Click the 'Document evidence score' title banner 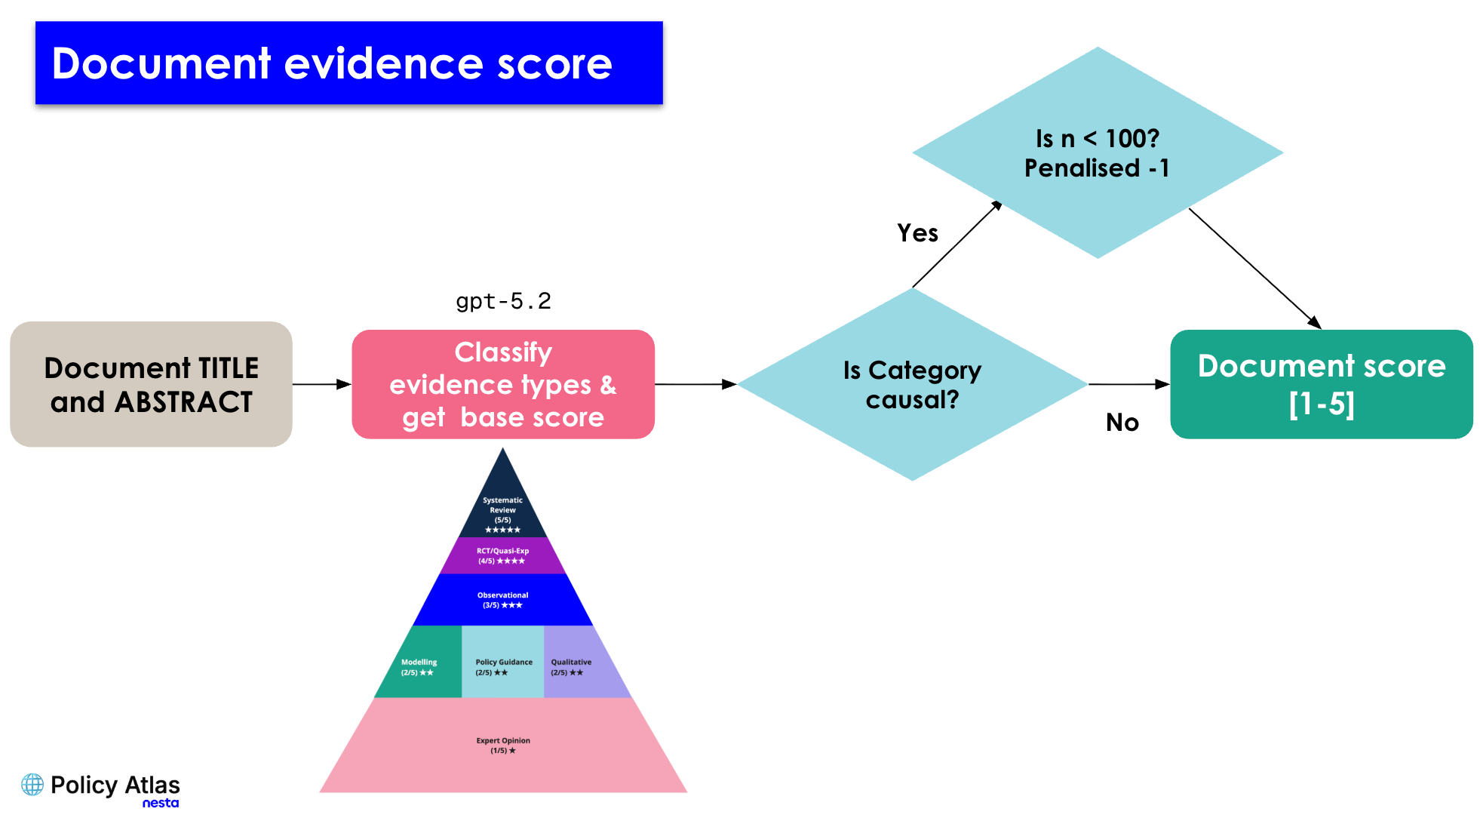pyautogui.click(x=349, y=63)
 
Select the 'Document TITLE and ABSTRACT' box pyautogui.click(x=151, y=384)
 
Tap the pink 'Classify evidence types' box pyautogui.click(x=503, y=384)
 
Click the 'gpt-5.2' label pyautogui.click(x=503, y=301)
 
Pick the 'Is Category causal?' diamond pyautogui.click(x=912, y=384)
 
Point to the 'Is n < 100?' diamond pyautogui.click(x=1098, y=152)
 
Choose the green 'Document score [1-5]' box pyautogui.click(x=1322, y=384)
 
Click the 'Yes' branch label pyautogui.click(x=917, y=233)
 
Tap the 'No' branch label pyautogui.click(x=1122, y=423)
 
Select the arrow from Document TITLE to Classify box pyautogui.click(x=322, y=384)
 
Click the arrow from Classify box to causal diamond pyautogui.click(x=695, y=384)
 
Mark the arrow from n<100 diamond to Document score pyautogui.click(x=1255, y=269)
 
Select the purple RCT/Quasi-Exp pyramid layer pyautogui.click(x=502, y=555)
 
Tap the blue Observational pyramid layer pyautogui.click(x=502, y=600)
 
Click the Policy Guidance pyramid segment pyautogui.click(x=502, y=662)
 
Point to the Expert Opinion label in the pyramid pyautogui.click(x=503, y=746)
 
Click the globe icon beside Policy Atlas pyautogui.click(x=32, y=785)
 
